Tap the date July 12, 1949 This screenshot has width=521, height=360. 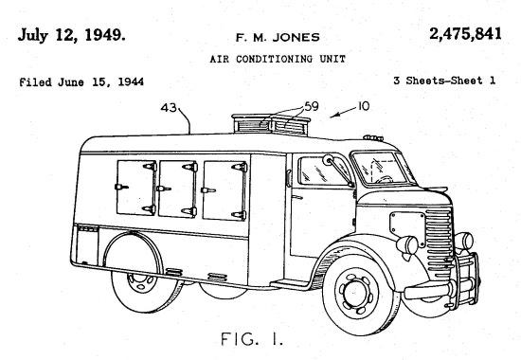[x=70, y=35]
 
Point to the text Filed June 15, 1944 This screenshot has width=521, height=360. [x=81, y=82]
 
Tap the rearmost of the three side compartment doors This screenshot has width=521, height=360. [x=132, y=186]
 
